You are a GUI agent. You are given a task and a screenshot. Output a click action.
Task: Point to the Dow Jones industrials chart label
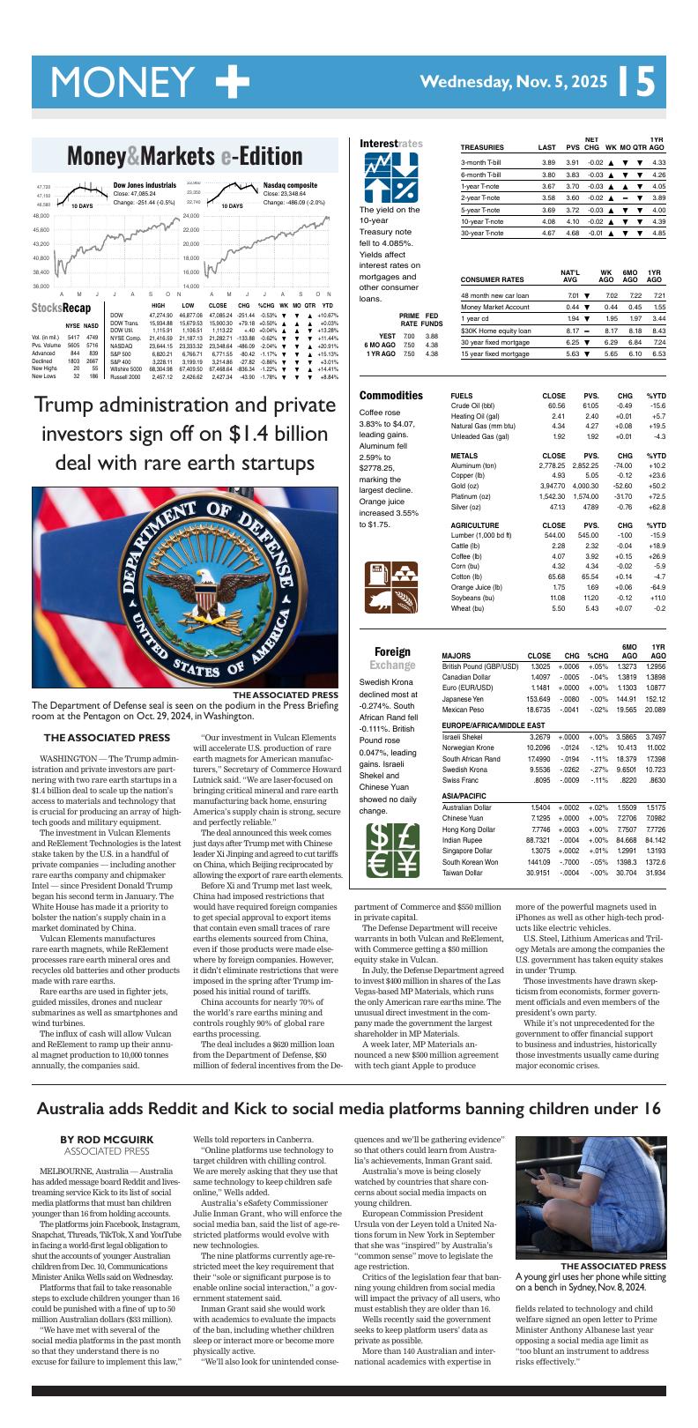[145, 186]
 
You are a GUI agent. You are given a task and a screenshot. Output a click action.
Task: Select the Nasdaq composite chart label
[290, 186]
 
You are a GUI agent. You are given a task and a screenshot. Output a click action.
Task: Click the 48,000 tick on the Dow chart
[41, 216]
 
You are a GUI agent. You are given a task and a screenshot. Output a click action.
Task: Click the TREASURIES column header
[482, 147]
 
